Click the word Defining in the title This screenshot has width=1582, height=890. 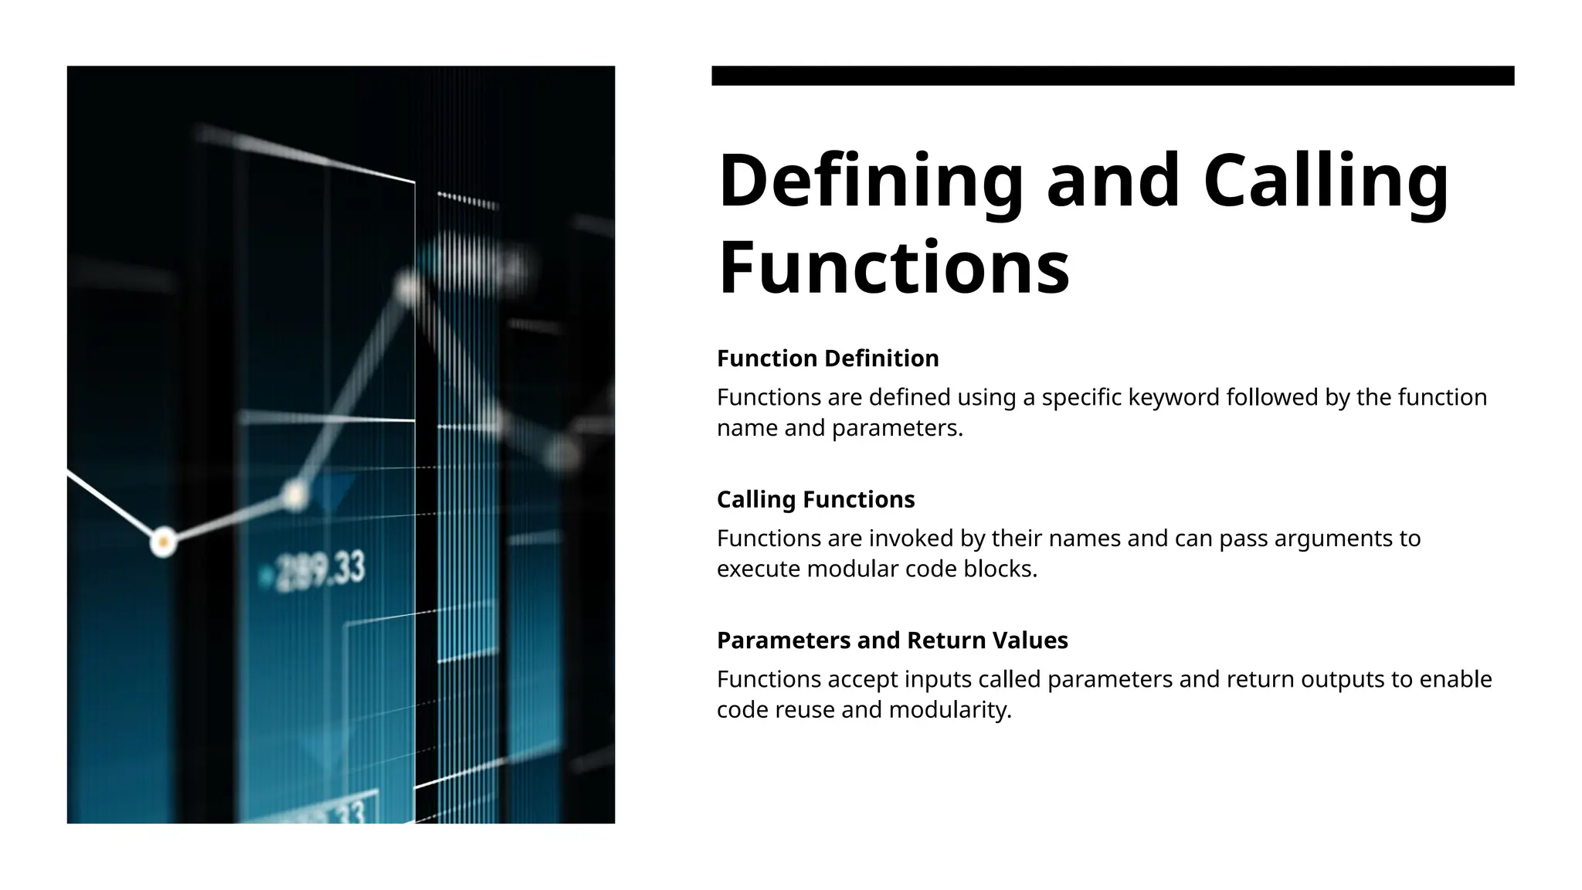point(871,182)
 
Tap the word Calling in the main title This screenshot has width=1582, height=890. point(1326,182)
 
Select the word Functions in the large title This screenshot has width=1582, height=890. point(893,268)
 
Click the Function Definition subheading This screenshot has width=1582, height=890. point(827,358)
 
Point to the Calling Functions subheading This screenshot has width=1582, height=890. point(815,500)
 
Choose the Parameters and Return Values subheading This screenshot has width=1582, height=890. point(891,640)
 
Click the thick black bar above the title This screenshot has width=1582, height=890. point(1112,76)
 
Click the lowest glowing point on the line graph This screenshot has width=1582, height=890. point(163,542)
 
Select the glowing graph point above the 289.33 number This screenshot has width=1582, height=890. point(294,494)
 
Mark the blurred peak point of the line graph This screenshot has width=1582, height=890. point(407,288)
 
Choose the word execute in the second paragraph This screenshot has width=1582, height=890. point(759,569)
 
